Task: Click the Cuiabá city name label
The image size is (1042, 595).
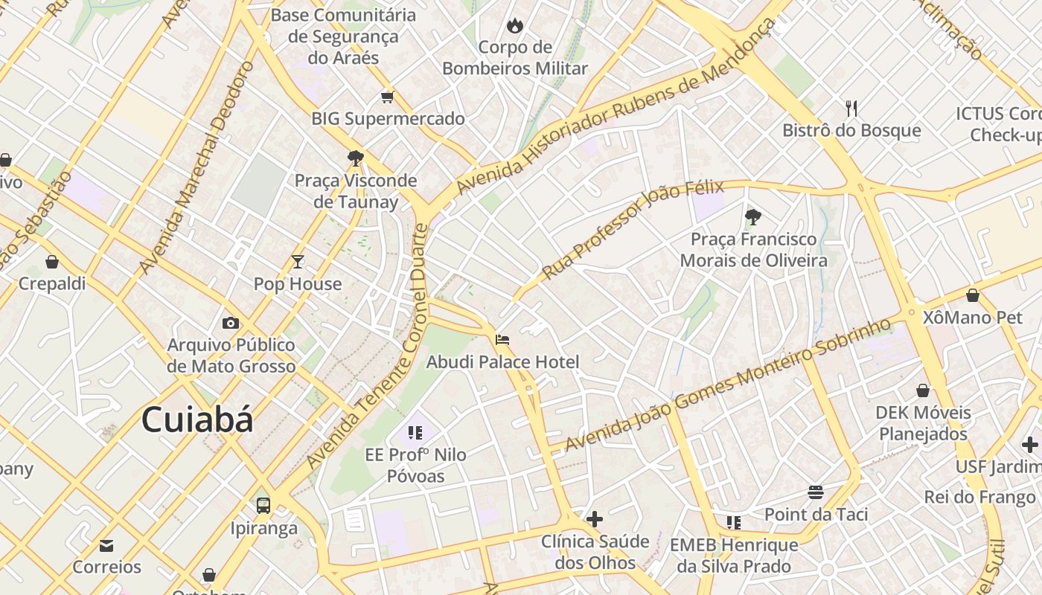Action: pos(197,419)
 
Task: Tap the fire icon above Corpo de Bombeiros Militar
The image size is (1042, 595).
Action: pos(514,26)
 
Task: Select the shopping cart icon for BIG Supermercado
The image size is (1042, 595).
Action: pos(387,97)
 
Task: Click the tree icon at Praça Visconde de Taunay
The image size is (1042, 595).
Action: pos(355,158)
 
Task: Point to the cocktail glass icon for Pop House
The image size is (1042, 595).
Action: pos(298,261)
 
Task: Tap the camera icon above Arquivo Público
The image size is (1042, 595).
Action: pos(231,323)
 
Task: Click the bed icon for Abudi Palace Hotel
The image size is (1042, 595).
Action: pos(502,340)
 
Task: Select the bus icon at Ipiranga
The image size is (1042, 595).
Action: pos(263,506)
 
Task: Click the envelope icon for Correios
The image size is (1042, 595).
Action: pos(106,546)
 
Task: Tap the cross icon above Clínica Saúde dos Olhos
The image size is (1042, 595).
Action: pos(595,518)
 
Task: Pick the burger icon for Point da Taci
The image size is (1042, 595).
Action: pos(816,492)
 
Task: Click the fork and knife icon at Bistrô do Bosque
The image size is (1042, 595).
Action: pos(851,109)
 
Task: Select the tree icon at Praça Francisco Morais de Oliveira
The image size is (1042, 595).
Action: pos(752,217)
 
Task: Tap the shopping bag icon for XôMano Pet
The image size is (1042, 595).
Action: pos(972,295)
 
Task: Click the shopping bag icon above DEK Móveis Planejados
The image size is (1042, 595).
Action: pos(923,390)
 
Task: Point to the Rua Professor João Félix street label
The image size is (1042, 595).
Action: pos(623,231)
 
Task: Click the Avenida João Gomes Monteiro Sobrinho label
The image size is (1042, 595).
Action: pos(727,385)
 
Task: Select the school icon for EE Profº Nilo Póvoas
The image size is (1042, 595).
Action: pos(415,432)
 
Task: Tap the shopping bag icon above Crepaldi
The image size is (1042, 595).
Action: pos(52,262)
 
